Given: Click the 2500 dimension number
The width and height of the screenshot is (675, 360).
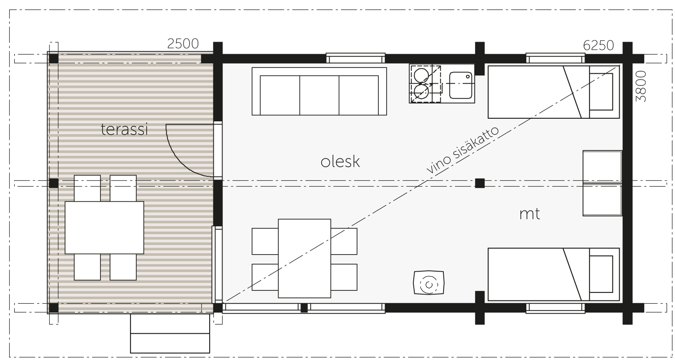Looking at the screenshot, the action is point(183,44).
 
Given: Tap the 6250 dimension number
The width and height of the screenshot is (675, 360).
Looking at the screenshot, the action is point(598,46).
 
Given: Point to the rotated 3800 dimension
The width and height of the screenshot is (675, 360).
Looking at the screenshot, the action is point(641,86).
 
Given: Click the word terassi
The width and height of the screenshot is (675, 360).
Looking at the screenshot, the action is point(124,130).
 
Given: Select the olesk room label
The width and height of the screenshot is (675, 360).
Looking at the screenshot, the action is point(340,162).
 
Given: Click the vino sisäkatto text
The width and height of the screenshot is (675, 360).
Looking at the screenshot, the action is point(462,150).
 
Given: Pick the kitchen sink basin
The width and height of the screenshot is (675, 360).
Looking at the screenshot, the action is point(460,85).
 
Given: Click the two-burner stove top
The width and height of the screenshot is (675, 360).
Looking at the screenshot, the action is point(425,84).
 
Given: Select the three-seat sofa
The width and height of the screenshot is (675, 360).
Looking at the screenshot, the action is point(319,91).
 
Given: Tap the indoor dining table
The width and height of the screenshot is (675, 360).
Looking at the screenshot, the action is point(304,258).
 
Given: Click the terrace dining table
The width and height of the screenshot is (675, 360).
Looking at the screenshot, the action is point(104,228).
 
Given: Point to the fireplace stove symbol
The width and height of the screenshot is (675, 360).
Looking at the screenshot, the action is point(428,282).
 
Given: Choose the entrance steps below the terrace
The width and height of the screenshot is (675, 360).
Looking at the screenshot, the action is point(170,333).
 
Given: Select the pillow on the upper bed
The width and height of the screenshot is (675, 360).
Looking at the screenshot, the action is point(601,92).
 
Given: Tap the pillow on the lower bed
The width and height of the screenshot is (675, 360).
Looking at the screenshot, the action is point(601,274).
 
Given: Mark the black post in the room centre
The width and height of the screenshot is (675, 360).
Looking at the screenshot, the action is point(480,183).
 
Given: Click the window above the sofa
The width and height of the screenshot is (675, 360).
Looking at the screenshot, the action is point(355,58).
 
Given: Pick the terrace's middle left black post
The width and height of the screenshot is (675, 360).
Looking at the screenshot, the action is point(54,183).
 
